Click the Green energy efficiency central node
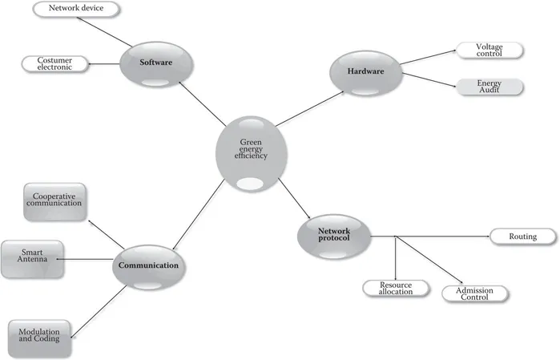click(x=251, y=152)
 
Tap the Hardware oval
click(x=365, y=72)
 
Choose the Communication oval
click(x=148, y=265)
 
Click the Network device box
click(x=76, y=10)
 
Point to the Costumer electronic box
click(x=52, y=63)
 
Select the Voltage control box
click(x=488, y=50)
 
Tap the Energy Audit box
click(x=488, y=87)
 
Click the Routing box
click(x=522, y=237)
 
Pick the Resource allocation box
click(x=396, y=287)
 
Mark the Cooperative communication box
click(x=57, y=200)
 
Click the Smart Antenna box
click(x=31, y=258)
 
